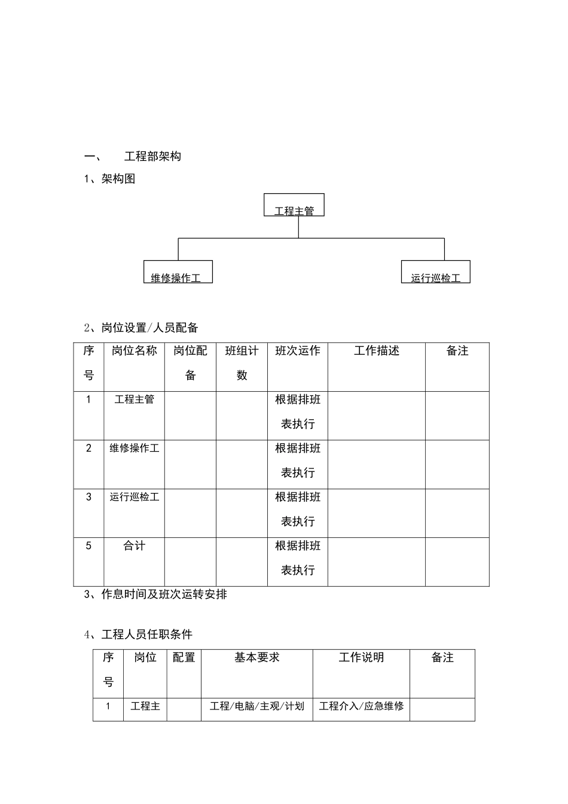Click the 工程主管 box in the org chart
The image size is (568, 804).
(294, 205)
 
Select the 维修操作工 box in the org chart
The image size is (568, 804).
(178, 272)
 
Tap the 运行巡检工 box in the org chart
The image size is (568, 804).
(436, 272)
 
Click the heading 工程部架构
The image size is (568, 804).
(152, 157)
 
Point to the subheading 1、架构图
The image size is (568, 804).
(110, 179)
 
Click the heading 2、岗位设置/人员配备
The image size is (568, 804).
(141, 328)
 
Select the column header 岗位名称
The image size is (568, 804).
(135, 351)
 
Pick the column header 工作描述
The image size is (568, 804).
(377, 351)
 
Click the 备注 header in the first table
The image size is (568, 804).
(457, 351)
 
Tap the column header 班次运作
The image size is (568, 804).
(298, 351)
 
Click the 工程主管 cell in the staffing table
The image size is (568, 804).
(135, 400)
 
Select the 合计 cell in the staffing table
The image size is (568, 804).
(135, 546)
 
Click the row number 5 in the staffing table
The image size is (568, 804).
(89, 546)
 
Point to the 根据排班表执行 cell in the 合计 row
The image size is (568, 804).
(298, 558)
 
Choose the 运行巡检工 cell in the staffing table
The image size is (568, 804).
(135, 497)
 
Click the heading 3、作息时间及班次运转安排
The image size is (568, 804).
(155, 595)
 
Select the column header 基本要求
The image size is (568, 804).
(257, 658)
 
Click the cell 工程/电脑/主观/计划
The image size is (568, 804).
(257, 706)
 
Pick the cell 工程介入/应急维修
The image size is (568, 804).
(361, 706)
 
